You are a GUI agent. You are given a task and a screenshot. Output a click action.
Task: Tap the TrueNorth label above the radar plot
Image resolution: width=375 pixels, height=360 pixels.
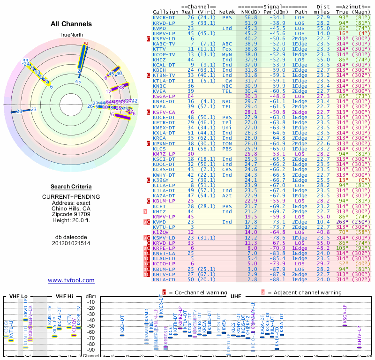click(x=71, y=35)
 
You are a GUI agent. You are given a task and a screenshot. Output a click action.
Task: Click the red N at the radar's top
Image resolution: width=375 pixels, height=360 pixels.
click(x=85, y=44)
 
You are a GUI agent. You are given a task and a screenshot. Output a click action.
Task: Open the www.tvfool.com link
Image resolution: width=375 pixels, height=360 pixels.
click(x=71, y=280)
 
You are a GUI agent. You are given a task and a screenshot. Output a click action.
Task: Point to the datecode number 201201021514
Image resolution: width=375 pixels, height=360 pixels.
click(x=71, y=243)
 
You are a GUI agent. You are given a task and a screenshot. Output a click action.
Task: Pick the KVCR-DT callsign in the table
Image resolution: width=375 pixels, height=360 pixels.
click(x=164, y=17)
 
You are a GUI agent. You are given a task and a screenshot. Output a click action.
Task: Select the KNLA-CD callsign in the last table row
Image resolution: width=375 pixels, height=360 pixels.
click(x=164, y=279)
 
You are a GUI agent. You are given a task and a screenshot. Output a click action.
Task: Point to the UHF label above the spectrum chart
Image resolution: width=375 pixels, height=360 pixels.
click(x=236, y=297)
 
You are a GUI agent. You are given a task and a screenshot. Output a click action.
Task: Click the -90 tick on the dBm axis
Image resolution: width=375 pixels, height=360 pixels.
click(x=91, y=350)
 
